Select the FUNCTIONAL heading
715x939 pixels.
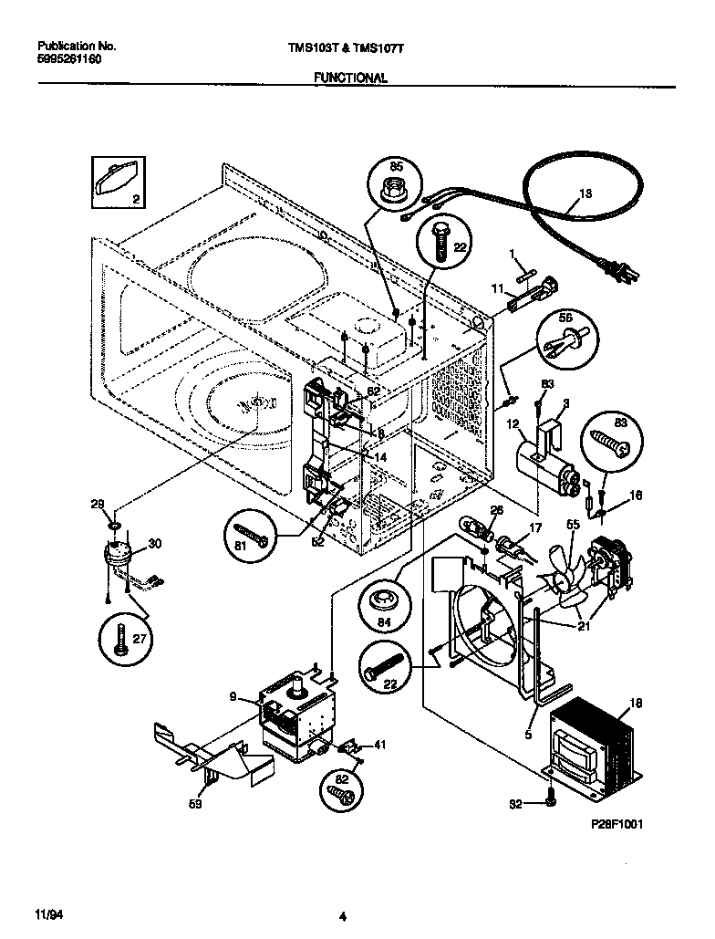coord(350,78)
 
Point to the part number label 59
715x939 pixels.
coord(195,804)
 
